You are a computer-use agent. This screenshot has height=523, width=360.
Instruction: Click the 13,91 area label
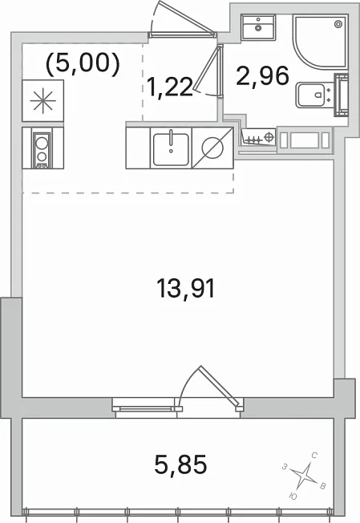pyautogui.click(x=186, y=289)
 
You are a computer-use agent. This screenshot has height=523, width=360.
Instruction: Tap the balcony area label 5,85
pyautogui.click(x=180, y=464)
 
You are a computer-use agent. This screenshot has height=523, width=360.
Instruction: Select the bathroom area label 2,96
pyautogui.click(x=262, y=75)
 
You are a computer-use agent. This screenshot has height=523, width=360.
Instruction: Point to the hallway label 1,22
pyautogui.click(x=170, y=87)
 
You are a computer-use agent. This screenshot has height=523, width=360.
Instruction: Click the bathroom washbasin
pyautogui.click(x=258, y=27)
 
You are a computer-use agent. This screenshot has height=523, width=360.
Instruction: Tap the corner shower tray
pyautogui.click(x=321, y=42)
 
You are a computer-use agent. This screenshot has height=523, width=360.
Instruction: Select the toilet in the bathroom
pyautogui.click(x=314, y=95)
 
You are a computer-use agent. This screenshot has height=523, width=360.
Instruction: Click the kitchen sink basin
pyautogui.click(x=171, y=148)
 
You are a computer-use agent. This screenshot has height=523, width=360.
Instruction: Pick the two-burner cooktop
pyautogui.click(x=42, y=148)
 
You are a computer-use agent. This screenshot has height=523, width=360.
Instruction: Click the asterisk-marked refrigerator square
pyautogui.click(x=42, y=101)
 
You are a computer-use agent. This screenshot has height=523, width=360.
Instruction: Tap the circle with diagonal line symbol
pyautogui.click(x=212, y=148)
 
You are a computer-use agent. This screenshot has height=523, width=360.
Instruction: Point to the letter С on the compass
pyautogui.click(x=313, y=455)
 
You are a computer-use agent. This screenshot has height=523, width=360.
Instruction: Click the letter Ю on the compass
pyautogui.click(x=293, y=497)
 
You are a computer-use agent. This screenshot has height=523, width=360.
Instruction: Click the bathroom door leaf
pyautogui.click(x=208, y=69)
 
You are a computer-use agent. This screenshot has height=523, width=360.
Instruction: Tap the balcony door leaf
pyautogui.click(x=220, y=388)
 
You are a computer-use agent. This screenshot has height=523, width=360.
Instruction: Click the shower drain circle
pyautogui.click(x=338, y=24)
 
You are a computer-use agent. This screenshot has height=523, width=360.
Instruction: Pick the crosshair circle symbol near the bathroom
pyautogui.click(x=269, y=136)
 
